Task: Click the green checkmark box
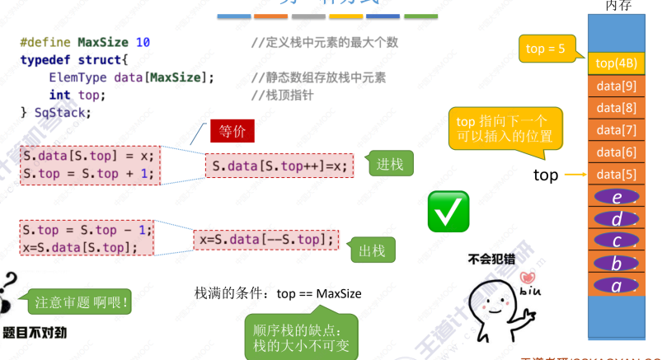pos(448,210)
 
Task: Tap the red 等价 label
pos(232,131)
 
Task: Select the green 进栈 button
pos(389,164)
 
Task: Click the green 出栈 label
pos(372,250)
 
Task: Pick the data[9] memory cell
pos(616,85)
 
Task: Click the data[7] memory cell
pos(616,130)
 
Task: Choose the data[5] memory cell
pos(616,175)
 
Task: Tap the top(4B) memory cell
pos(616,63)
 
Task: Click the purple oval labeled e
pos(616,198)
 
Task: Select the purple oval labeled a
pos(616,285)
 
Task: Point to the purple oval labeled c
pos(616,241)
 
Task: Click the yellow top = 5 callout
pos(545,49)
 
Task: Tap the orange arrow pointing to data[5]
pos(575,175)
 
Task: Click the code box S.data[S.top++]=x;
pos(279,166)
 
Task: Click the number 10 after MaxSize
pos(143,42)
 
